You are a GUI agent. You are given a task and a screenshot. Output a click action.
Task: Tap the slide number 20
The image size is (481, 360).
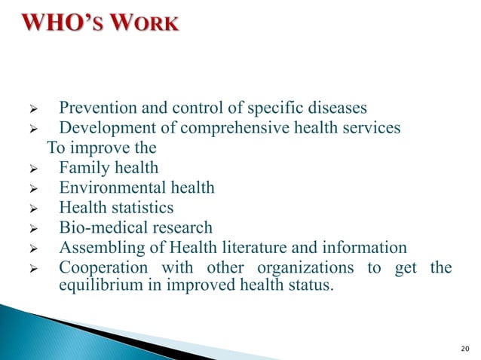(x=464, y=347)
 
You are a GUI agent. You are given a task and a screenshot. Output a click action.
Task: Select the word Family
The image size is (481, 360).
(x=83, y=168)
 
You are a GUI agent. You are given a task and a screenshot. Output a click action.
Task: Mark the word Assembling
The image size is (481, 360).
(x=100, y=248)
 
